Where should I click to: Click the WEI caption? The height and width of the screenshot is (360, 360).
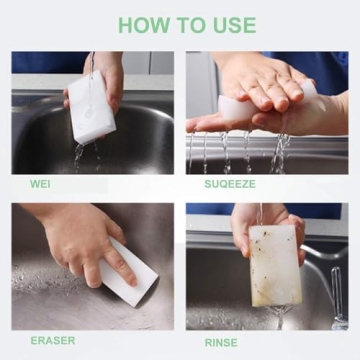[41, 184]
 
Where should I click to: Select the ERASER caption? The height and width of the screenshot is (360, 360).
[52, 340]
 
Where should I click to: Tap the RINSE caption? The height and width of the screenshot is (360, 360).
[221, 340]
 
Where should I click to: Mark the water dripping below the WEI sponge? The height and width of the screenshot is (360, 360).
[82, 155]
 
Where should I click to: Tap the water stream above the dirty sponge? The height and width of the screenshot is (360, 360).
[262, 212]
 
